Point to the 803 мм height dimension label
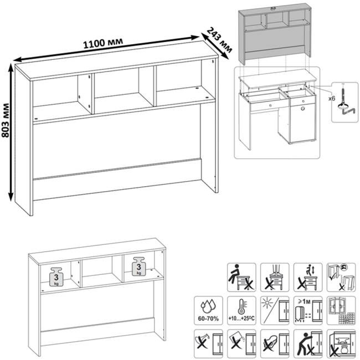[x=6, y=131]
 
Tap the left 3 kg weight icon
[x=56, y=275]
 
